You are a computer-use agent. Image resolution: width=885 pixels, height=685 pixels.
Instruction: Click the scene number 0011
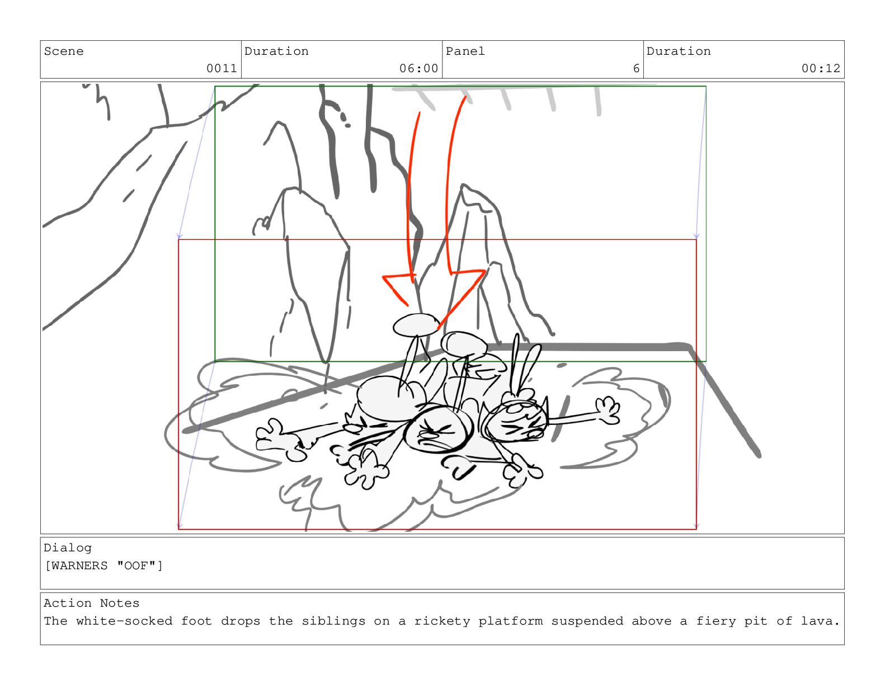[222, 68]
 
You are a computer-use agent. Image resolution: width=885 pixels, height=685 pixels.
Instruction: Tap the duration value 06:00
[418, 68]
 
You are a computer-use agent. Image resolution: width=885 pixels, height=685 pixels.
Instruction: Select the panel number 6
[636, 68]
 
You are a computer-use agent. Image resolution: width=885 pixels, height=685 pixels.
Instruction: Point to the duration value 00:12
[821, 68]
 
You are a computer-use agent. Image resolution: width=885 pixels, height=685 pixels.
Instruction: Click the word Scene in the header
[64, 51]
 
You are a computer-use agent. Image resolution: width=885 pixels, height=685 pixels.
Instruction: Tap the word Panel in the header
[465, 51]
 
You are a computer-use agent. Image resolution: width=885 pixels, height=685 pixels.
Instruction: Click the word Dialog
[68, 548]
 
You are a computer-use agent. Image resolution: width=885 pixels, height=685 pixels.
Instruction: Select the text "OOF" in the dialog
[136, 566]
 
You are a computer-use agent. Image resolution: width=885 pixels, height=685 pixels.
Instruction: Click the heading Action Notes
[92, 603]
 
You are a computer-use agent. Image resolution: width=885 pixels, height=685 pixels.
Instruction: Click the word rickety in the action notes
[442, 621]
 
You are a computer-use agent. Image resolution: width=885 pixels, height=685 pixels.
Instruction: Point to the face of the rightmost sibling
[516, 423]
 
